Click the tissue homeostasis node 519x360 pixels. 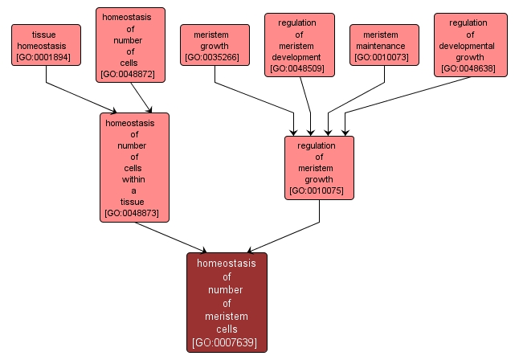46,45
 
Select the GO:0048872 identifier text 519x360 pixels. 130,75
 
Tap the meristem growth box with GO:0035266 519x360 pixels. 215,45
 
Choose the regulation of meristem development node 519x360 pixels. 299,45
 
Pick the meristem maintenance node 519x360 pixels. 384,45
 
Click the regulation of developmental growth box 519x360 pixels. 470,45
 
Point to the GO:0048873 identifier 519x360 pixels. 134,214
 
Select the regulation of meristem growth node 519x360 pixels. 319,167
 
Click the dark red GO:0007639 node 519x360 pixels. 227,302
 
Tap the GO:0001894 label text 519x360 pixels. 46,58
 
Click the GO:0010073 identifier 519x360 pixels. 384,57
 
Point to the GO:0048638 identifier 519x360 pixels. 470,69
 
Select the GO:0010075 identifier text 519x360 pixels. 319,191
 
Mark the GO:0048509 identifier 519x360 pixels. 299,69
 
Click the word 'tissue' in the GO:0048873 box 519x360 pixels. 134,202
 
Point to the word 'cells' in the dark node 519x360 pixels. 227,329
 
